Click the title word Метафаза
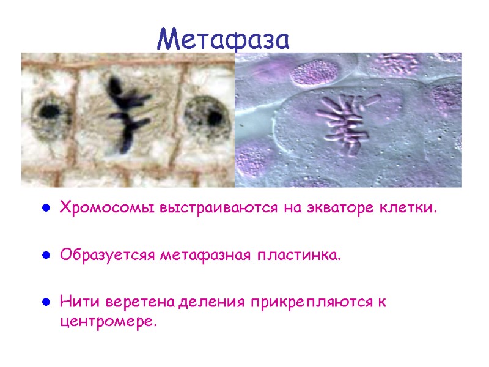pyautogui.click(x=222, y=39)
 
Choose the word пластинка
pyautogui.click(x=298, y=254)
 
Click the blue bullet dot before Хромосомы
pyautogui.click(x=45, y=209)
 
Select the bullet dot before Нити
pyautogui.click(x=45, y=303)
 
